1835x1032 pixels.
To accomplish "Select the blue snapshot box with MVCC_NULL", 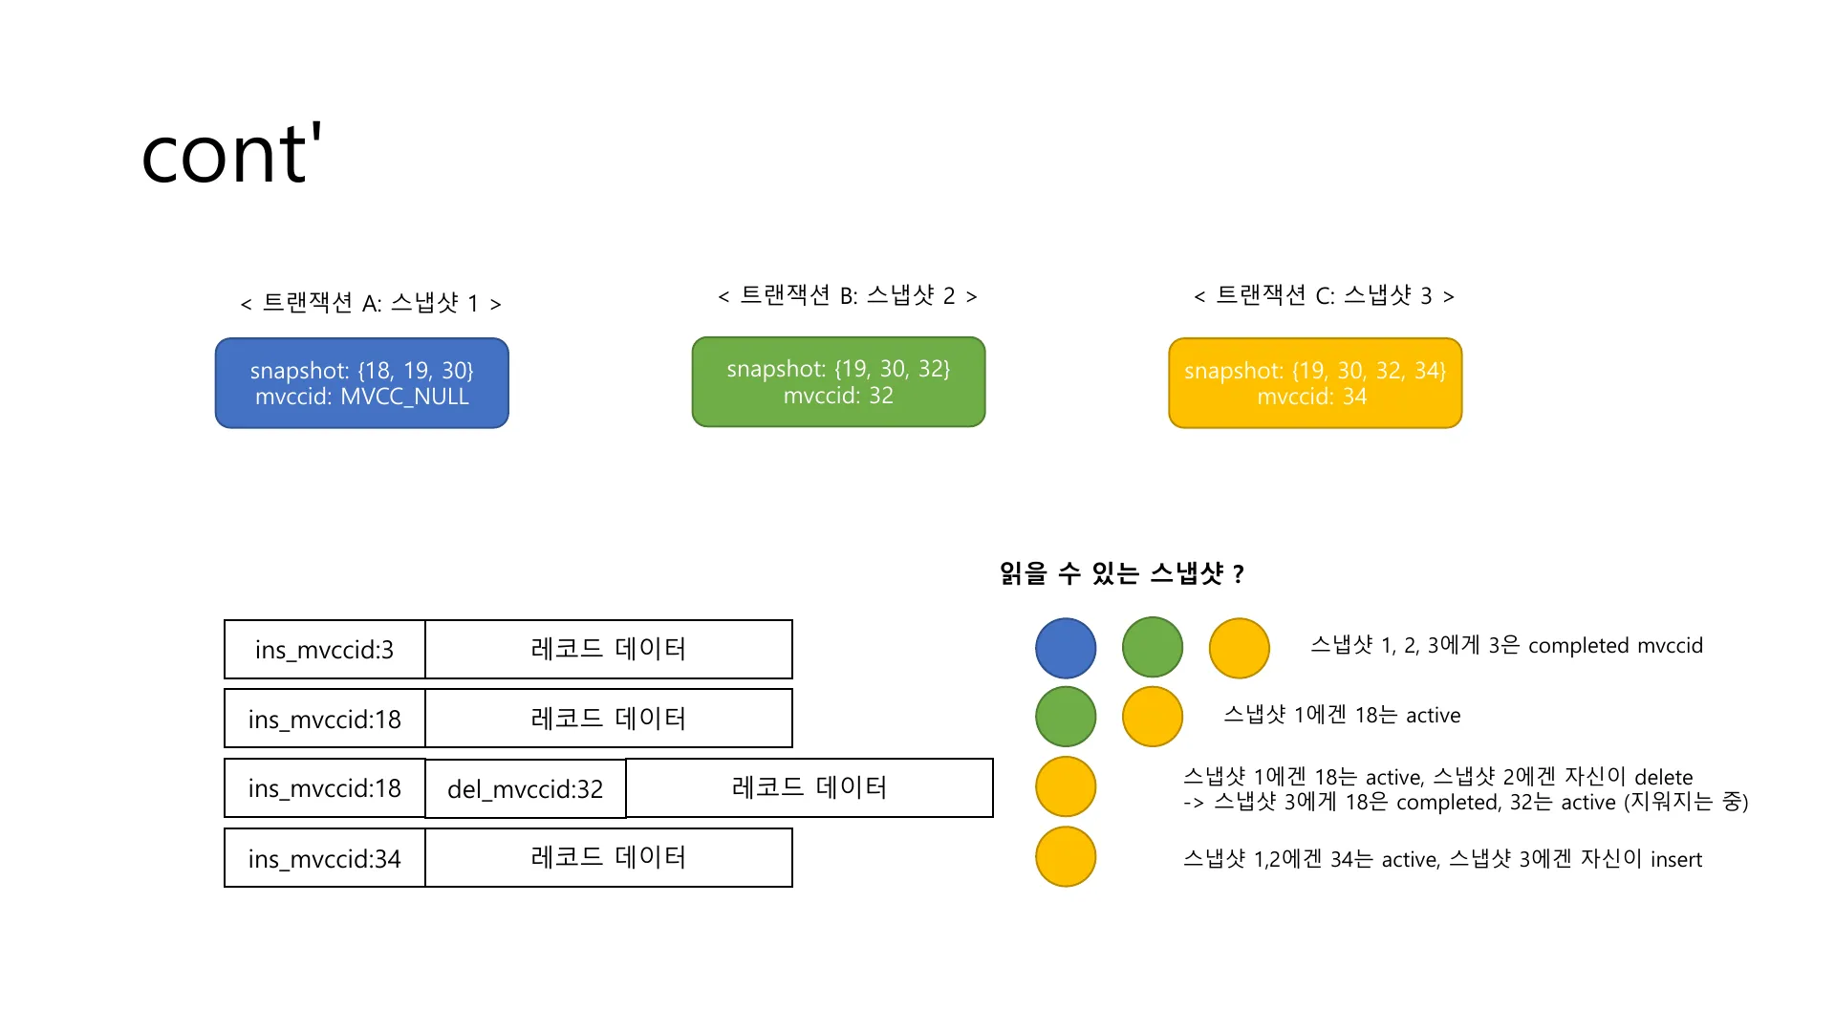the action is [362, 383].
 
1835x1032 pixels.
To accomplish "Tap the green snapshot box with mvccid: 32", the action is [838, 381].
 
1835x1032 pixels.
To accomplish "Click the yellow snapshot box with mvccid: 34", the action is [1315, 383].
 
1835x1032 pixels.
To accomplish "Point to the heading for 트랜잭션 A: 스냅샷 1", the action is [371, 303].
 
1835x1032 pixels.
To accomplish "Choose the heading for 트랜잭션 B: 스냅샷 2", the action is [848, 295].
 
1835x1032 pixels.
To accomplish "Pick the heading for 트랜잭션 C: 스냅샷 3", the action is [1324, 295].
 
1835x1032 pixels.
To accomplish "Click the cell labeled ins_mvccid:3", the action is [324, 650].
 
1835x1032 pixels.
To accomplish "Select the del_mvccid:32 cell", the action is [526, 788].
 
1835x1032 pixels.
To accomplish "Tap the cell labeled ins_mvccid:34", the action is [324, 858].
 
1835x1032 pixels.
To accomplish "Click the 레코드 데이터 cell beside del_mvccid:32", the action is [810, 788].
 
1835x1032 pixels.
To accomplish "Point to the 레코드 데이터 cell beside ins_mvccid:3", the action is [609, 650].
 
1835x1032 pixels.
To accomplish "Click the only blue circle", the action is [1066, 648].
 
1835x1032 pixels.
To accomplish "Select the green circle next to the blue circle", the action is [1153, 648].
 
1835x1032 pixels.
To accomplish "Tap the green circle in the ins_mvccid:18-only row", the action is [1066, 717].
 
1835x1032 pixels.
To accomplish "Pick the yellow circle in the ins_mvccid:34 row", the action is [1066, 856].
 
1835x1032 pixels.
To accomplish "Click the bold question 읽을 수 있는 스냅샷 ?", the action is [1122, 573].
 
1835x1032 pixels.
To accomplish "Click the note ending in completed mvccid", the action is [1506, 645].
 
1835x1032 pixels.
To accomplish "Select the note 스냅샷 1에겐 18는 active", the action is [1342, 715].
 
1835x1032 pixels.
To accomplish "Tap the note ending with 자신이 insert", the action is [1442, 859].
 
